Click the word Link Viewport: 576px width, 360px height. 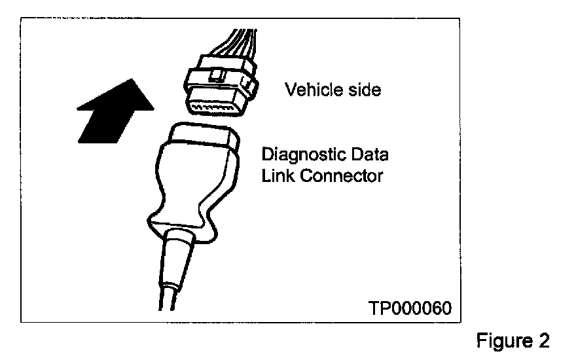pos(276,175)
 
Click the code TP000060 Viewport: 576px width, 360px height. pos(410,307)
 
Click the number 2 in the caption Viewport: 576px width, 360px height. pos(543,341)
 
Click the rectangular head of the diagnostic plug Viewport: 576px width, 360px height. pos(200,138)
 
